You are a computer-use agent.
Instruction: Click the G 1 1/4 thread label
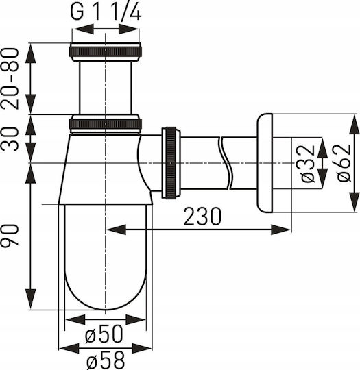(106, 12)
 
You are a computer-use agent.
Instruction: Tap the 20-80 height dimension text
(10, 79)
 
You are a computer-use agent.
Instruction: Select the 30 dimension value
(10, 138)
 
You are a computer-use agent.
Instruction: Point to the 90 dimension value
(10, 236)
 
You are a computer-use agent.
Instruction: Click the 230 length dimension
(202, 216)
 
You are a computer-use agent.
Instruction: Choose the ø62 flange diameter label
(344, 163)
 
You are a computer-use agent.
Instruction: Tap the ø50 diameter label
(104, 334)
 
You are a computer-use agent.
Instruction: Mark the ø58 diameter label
(106, 360)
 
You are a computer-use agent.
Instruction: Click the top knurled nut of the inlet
(106, 51)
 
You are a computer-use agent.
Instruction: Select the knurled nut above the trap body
(106, 124)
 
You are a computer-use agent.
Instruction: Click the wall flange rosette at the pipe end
(265, 163)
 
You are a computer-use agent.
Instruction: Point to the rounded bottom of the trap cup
(106, 309)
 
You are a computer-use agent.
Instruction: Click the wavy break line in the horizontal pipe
(226, 163)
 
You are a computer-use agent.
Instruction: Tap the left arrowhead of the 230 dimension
(116, 230)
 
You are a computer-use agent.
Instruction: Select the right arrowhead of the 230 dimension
(281, 230)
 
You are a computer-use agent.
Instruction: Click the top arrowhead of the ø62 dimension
(355, 124)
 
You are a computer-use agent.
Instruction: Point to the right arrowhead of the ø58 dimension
(142, 349)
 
